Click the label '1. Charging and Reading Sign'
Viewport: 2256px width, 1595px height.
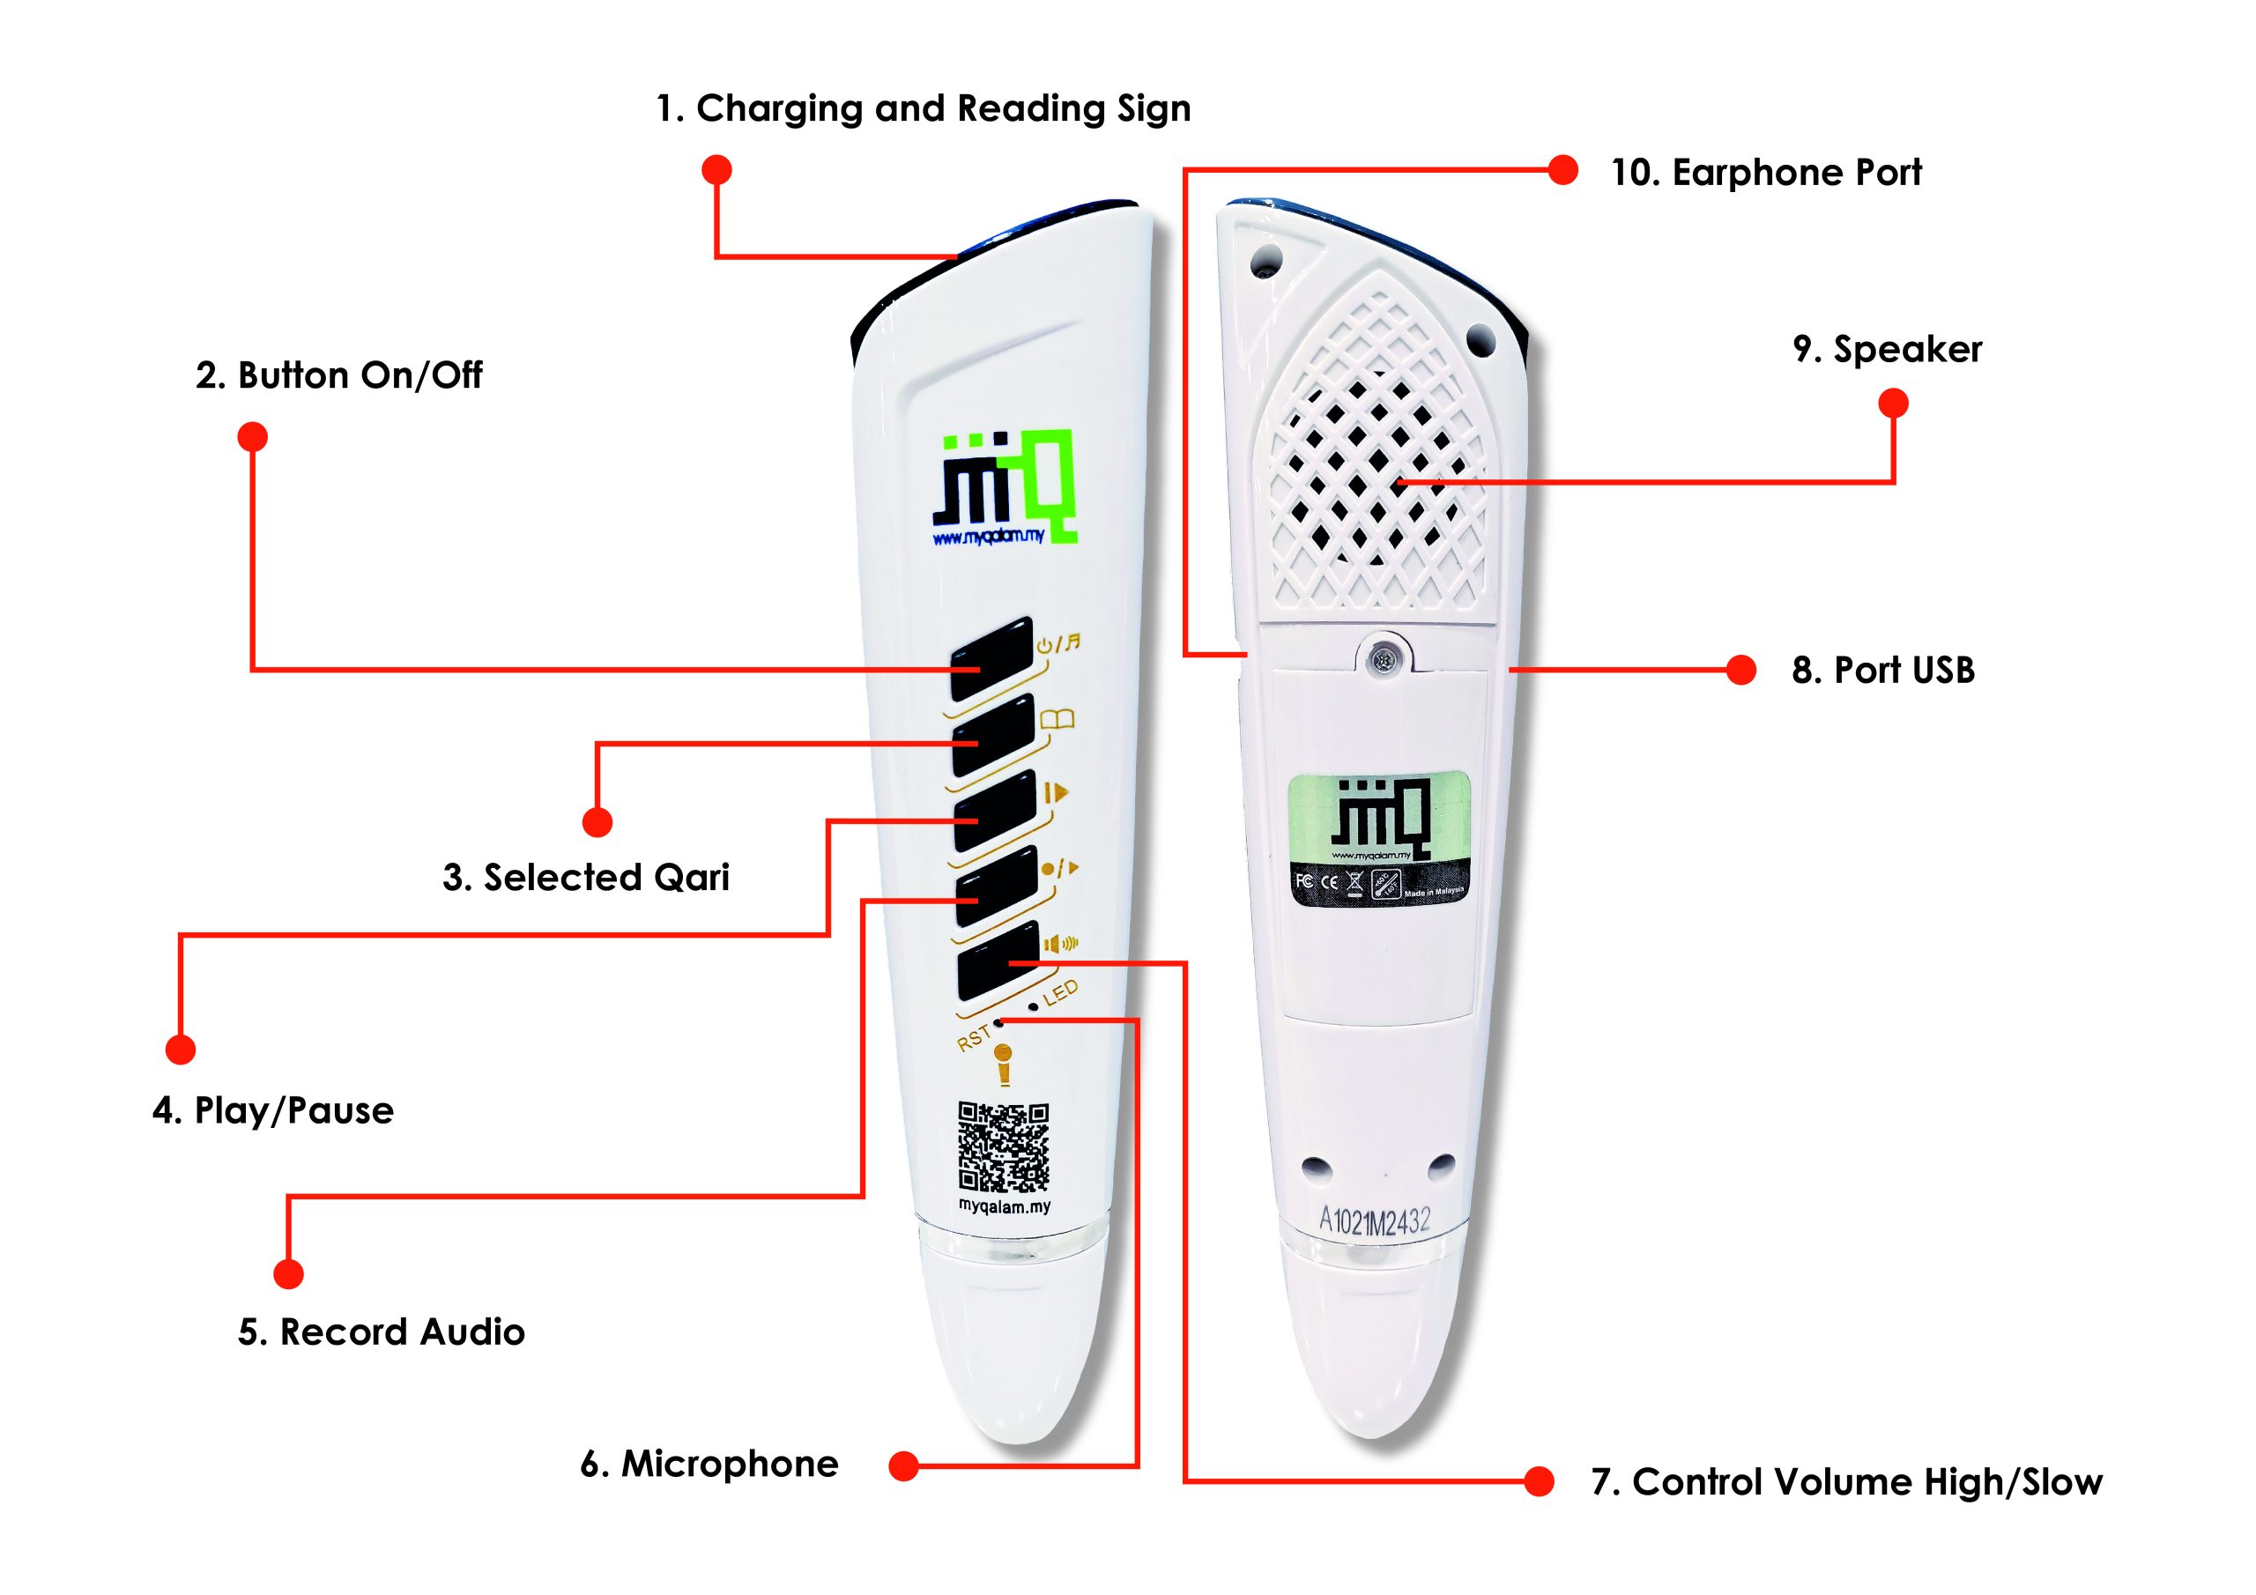[x=923, y=108]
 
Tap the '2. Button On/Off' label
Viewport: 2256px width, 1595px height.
[x=338, y=375]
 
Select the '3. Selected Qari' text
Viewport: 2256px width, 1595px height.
[x=586, y=878]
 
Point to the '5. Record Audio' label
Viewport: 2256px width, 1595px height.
[x=382, y=1332]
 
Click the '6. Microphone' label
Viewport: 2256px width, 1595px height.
[x=709, y=1465]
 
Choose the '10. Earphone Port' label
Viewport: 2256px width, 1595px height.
[x=1766, y=173]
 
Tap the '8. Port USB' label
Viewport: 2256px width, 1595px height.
[x=1882, y=671]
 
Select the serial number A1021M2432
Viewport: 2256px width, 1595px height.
[x=1374, y=1221]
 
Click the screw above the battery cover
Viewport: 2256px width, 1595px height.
[x=1384, y=658]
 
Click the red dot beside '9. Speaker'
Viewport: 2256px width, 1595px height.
[x=1894, y=404]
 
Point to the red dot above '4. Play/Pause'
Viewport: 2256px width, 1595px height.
[x=181, y=1050]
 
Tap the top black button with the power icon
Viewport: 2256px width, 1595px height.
[x=991, y=658]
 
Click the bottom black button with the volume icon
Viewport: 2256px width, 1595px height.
[x=998, y=962]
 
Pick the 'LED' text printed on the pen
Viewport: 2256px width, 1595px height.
[x=1060, y=992]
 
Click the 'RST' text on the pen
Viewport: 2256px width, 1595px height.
[x=974, y=1037]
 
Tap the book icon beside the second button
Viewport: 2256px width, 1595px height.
[x=1057, y=720]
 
